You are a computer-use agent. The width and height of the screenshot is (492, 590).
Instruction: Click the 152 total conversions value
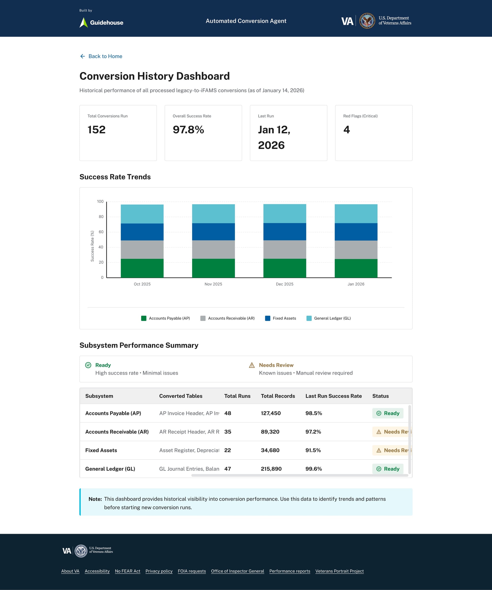(96, 130)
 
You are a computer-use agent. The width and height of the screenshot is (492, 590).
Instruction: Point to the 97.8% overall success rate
(188, 130)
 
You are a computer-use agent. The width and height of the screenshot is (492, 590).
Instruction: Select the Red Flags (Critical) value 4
(346, 130)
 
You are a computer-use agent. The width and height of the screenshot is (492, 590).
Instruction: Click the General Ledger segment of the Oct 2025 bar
(142, 214)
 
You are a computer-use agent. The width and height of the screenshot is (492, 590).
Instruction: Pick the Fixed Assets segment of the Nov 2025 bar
(213, 232)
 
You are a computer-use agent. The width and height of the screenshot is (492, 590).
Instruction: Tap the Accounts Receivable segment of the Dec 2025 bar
(285, 249)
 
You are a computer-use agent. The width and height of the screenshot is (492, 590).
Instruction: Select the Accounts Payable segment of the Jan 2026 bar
(356, 268)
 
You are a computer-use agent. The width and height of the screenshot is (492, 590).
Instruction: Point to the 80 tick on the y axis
(101, 217)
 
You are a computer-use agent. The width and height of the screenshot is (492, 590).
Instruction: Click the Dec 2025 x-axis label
(285, 284)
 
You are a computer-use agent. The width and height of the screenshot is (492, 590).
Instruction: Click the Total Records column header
(278, 396)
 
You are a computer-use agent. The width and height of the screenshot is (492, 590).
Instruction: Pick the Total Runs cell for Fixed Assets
(228, 450)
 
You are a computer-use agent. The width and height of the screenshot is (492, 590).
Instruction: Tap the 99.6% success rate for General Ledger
(313, 469)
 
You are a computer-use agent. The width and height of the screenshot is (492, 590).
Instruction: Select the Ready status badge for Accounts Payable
(388, 413)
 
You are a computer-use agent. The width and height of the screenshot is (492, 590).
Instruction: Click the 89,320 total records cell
(270, 431)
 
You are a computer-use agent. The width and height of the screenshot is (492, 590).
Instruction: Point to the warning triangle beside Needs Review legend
(252, 365)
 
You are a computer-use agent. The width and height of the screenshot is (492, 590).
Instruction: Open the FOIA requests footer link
(192, 571)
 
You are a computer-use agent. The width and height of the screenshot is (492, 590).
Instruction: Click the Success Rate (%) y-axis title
(92, 246)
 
